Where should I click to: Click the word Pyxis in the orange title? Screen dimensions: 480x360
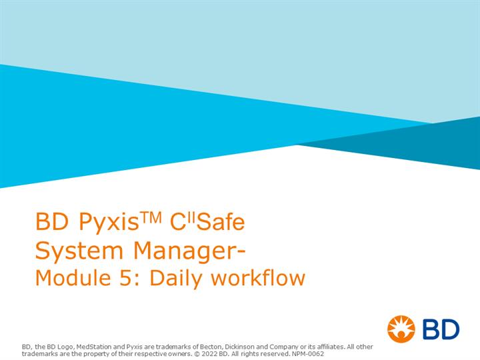(x=109, y=223)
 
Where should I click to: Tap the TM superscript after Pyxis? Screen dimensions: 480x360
(x=151, y=217)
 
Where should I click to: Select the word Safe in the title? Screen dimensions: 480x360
(x=221, y=221)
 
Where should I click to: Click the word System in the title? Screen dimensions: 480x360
(x=79, y=251)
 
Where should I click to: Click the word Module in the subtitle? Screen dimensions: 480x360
(x=73, y=277)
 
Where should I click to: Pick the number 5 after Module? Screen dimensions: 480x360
(x=125, y=278)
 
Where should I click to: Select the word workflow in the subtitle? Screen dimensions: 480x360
(x=258, y=277)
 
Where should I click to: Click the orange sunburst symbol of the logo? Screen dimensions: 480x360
(x=401, y=329)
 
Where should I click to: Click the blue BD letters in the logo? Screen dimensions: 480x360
(x=441, y=329)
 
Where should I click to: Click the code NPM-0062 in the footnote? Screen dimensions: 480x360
(x=307, y=354)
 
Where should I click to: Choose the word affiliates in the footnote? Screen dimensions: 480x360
(x=330, y=347)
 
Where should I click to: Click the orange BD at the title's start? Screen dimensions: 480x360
(x=52, y=221)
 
